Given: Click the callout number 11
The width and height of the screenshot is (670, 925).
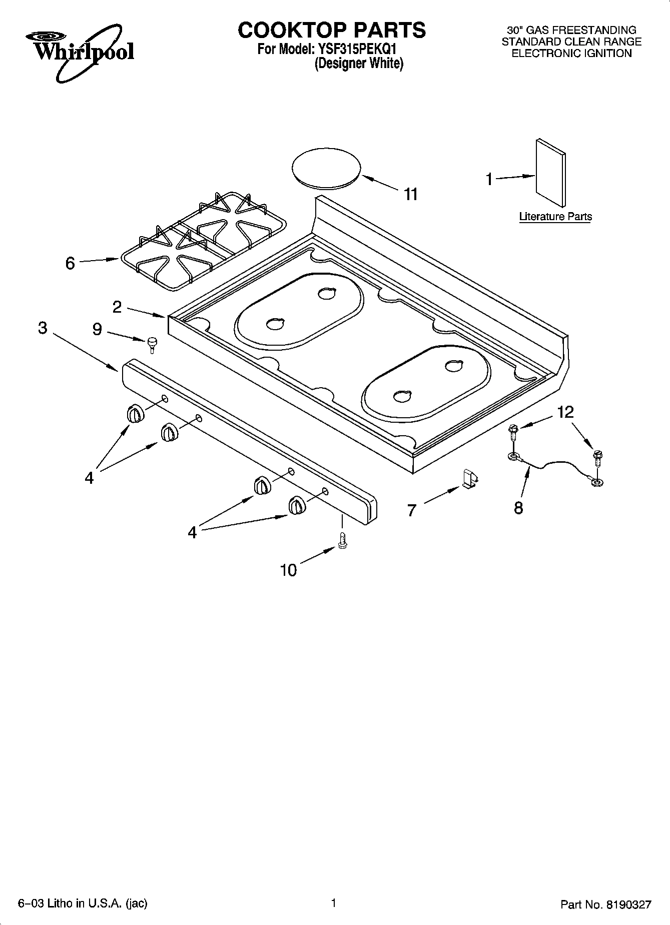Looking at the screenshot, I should pyautogui.click(x=411, y=194).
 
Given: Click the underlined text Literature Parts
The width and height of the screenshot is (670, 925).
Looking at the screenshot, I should pyautogui.click(x=555, y=217).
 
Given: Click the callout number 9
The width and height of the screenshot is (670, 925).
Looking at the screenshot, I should pyautogui.click(x=97, y=329).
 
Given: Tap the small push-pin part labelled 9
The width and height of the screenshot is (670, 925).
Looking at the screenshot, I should pyautogui.click(x=152, y=344).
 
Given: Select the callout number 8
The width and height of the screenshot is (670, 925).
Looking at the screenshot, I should pyautogui.click(x=518, y=508).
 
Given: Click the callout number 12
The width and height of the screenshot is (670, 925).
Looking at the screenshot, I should pyautogui.click(x=565, y=412).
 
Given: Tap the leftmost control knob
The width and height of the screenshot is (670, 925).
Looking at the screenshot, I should pyautogui.click(x=135, y=414).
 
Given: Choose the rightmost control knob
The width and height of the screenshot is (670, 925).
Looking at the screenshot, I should pyautogui.click(x=297, y=505).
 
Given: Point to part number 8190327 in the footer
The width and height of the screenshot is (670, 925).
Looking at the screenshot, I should pyautogui.click(x=627, y=904).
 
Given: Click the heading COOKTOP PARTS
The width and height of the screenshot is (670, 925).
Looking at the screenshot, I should pyautogui.click(x=332, y=30).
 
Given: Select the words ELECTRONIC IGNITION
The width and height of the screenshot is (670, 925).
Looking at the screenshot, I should pyautogui.click(x=571, y=54).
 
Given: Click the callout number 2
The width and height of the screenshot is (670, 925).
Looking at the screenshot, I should pyautogui.click(x=117, y=307).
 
